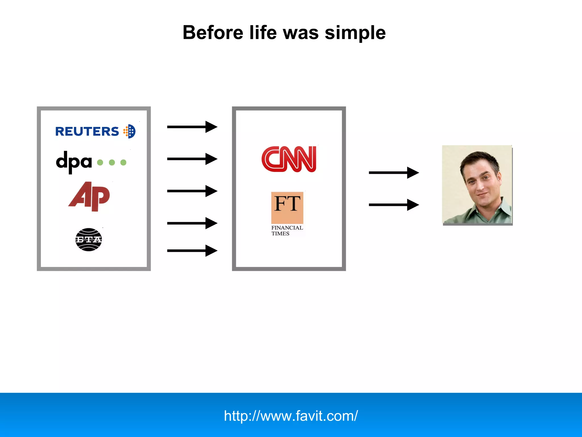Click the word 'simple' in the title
point(355,33)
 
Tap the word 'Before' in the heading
point(213,32)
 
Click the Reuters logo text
point(87,131)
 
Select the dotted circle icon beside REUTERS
point(130,131)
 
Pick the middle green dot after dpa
point(112,162)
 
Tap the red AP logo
point(89,196)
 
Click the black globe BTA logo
point(89,240)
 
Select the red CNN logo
point(289,159)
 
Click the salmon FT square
point(287,208)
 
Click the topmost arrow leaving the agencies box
point(192,127)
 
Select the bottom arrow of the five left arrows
point(192,251)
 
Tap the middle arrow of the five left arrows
point(192,191)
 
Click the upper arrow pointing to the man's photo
point(394,173)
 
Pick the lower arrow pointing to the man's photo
point(394,205)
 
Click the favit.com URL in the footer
point(291,416)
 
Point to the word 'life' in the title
point(263,32)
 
